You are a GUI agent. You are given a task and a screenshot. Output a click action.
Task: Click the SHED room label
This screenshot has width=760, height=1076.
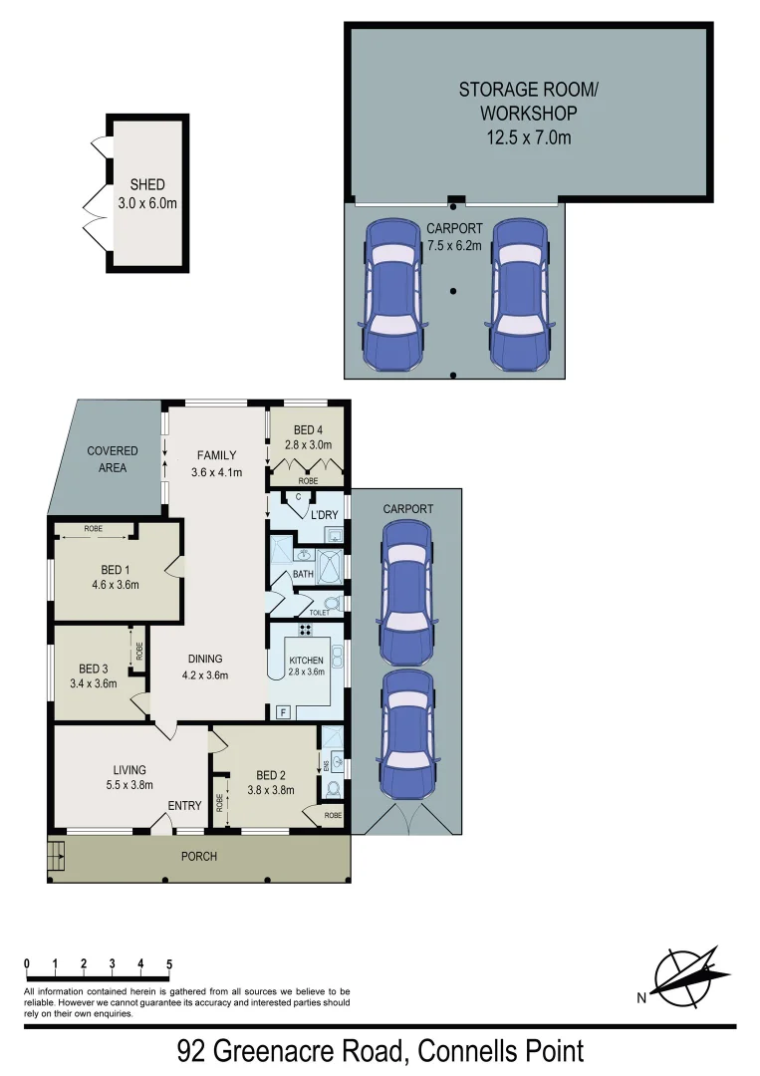click(x=146, y=185)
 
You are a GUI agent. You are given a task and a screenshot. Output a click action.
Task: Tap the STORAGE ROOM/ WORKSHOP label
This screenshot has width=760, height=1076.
click(x=529, y=100)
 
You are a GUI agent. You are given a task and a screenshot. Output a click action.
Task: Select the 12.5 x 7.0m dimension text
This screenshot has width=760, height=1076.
click(x=529, y=137)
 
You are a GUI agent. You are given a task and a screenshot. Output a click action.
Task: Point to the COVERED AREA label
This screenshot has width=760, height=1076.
click(x=112, y=459)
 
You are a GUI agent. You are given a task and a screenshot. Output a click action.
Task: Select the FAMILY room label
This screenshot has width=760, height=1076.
click(x=216, y=455)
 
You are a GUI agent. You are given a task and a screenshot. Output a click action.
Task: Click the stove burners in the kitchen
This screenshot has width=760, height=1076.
click(x=296, y=629)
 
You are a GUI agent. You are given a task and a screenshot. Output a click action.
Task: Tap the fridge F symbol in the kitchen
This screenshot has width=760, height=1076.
click(x=283, y=712)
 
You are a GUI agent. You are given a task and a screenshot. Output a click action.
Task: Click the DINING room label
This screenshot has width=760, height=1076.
click(x=204, y=659)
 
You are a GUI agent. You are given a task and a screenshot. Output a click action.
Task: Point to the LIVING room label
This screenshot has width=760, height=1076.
click(x=129, y=769)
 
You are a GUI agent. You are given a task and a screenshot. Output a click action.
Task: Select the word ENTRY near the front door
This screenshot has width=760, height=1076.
click(x=184, y=806)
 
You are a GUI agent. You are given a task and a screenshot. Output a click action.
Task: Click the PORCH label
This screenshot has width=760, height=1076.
click(x=198, y=856)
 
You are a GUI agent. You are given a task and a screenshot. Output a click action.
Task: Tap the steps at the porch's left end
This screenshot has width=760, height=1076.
click(x=56, y=856)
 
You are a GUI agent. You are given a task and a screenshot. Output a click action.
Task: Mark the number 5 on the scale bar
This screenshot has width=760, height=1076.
click(x=169, y=964)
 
